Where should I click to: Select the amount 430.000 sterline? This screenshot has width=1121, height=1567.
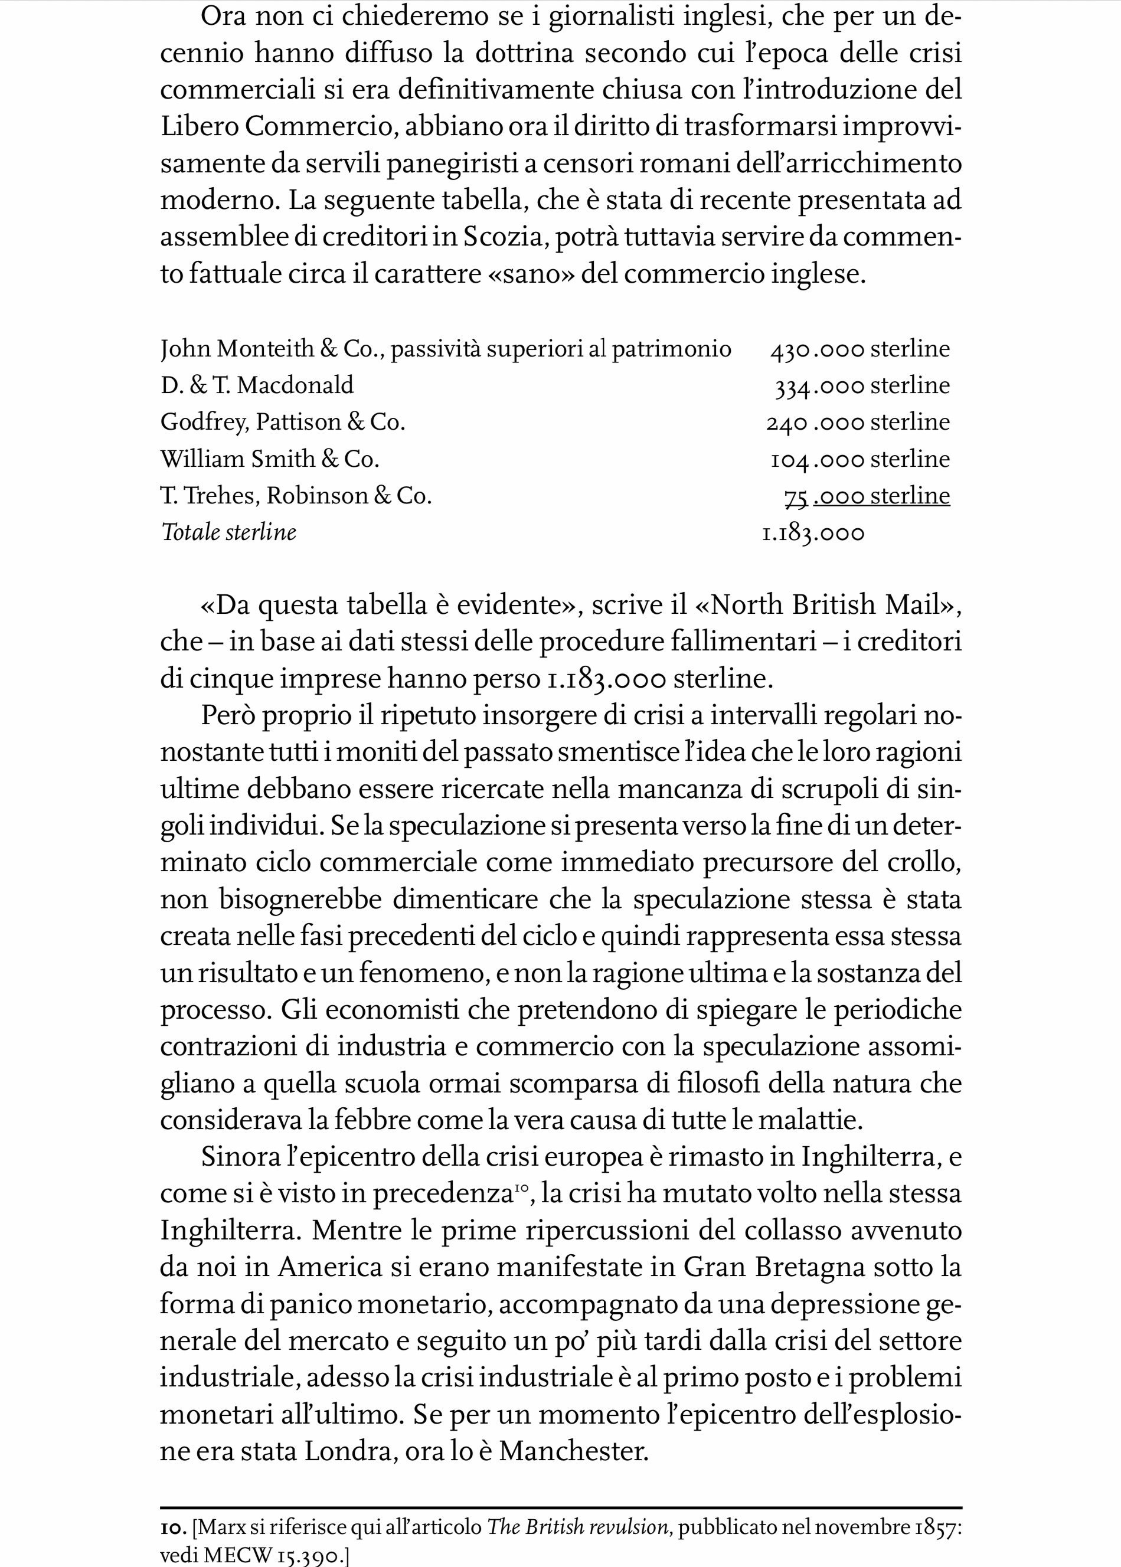point(860,349)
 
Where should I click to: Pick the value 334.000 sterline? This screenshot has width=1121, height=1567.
point(862,386)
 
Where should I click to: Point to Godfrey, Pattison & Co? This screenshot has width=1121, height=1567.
point(282,422)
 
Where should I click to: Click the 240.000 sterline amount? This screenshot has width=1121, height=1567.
point(858,422)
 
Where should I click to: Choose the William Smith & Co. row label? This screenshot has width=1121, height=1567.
point(270,459)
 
